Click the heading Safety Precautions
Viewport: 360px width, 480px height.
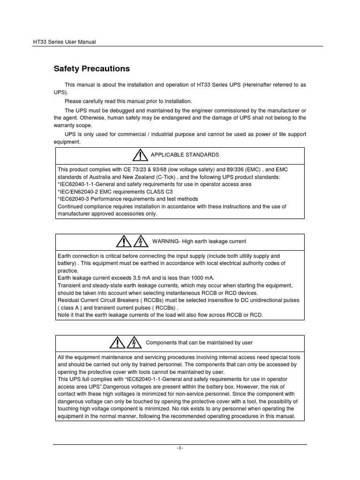click(x=91, y=69)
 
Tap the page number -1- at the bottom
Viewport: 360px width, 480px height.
click(x=180, y=449)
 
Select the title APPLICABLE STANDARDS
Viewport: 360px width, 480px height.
click(x=184, y=155)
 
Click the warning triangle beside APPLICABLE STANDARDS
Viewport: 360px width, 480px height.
click(x=140, y=155)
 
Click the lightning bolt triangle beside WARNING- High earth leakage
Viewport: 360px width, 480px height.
click(x=141, y=241)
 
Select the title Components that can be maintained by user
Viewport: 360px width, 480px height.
click(x=199, y=343)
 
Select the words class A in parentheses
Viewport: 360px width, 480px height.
click(x=70, y=307)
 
